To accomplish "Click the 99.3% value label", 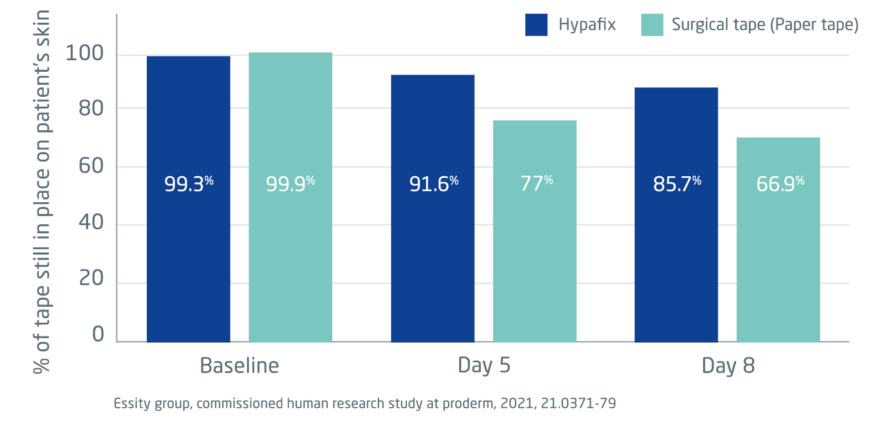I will click(189, 183).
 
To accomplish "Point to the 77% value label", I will click(536, 183).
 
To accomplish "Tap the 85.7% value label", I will click(677, 183).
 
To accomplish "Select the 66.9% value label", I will click(780, 183).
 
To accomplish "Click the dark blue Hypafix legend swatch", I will click(536, 25).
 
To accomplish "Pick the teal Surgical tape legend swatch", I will click(652, 25).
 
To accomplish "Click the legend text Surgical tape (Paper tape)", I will click(765, 25).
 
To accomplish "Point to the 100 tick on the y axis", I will click(84, 53).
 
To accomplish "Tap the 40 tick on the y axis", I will click(91, 222).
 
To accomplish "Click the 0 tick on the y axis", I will click(98, 334).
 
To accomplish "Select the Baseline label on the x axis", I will click(239, 366).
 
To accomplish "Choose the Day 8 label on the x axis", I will click(728, 366).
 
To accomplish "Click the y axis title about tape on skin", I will click(42, 191).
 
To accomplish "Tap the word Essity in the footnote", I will click(131, 404).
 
